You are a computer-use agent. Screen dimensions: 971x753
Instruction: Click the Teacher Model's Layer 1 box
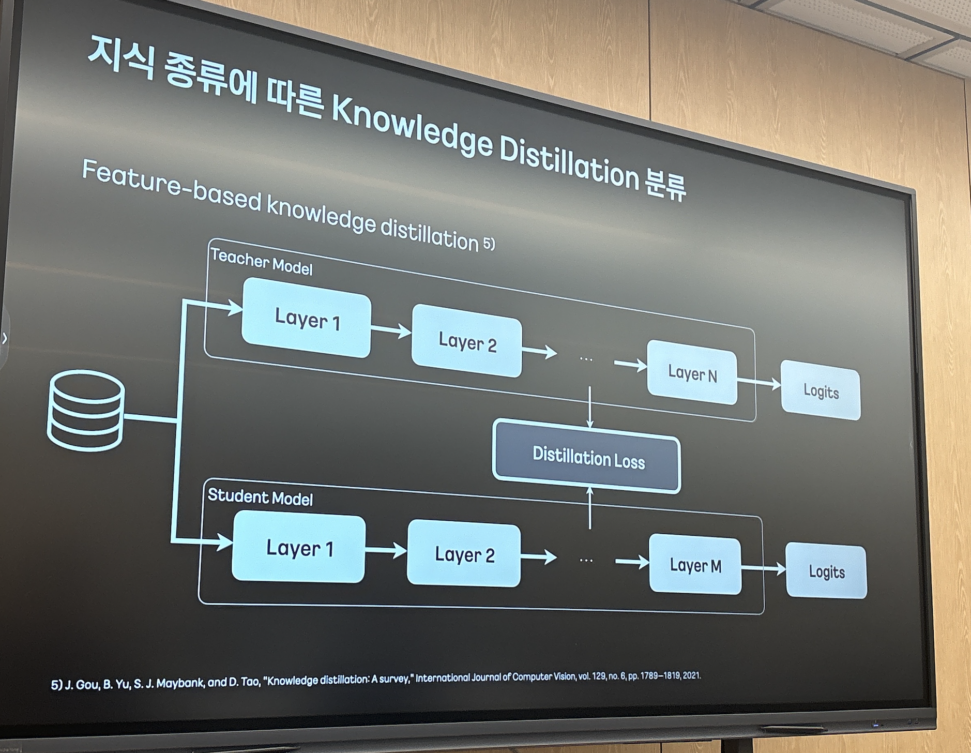[x=307, y=319]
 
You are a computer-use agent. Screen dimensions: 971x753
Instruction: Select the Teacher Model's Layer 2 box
[x=467, y=341]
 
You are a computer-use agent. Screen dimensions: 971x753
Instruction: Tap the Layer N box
[x=692, y=373]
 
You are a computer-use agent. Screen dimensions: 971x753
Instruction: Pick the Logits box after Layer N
[x=821, y=391]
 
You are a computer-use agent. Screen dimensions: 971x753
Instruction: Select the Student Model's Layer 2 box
[x=464, y=554]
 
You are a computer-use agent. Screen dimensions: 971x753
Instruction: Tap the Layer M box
[x=695, y=565]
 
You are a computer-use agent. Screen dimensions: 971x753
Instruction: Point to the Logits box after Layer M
[x=826, y=571]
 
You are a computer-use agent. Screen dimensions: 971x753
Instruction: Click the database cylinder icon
[x=86, y=411]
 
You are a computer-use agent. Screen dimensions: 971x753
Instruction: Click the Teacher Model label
[x=261, y=262]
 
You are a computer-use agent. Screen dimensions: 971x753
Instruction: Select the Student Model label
[x=260, y=497]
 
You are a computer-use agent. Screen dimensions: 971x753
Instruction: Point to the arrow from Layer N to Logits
[x=759, y=383]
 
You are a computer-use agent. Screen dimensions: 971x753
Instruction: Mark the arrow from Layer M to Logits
[x=764, y=568]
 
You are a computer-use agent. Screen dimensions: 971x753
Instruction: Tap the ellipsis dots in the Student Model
[x=586, y=560]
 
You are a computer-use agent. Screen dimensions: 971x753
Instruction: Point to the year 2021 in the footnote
[x=691, y=675]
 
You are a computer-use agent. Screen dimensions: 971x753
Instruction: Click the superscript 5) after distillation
[x=489, y=243]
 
